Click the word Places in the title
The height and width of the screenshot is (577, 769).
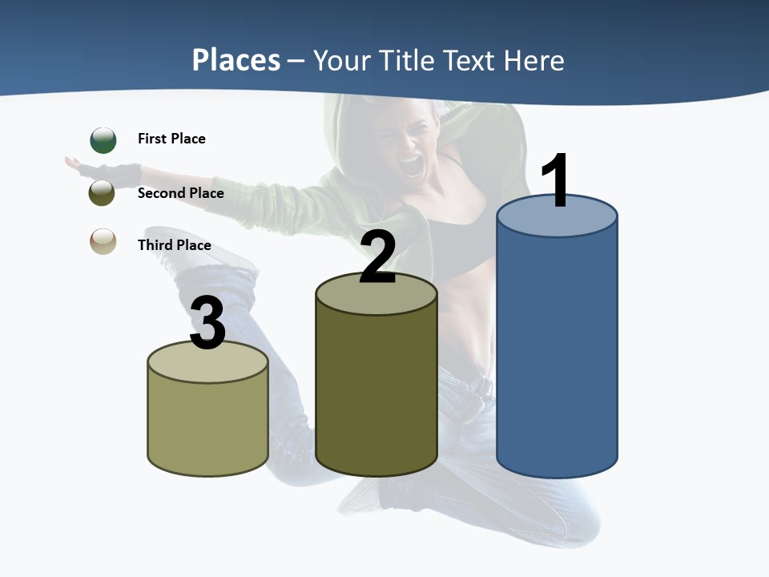tap(236, 60)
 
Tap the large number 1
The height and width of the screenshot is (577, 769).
tap(555, 183)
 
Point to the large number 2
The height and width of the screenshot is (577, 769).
tap(377, 258)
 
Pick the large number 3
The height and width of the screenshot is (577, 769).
tap(207, 325)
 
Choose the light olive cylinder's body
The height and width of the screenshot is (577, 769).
tap(207, 425)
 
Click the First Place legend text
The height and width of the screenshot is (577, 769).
tap(171, 139)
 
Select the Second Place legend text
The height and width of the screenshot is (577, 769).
tap(180, 193)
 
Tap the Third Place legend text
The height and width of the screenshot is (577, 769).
tap(174, 245)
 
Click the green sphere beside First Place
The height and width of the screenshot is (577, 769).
tap(103, 140)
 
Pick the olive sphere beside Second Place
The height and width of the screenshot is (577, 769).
tap(103, 193)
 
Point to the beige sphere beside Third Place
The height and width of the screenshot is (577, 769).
tap(103, 241)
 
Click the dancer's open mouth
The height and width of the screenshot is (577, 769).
tap(411, 167)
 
